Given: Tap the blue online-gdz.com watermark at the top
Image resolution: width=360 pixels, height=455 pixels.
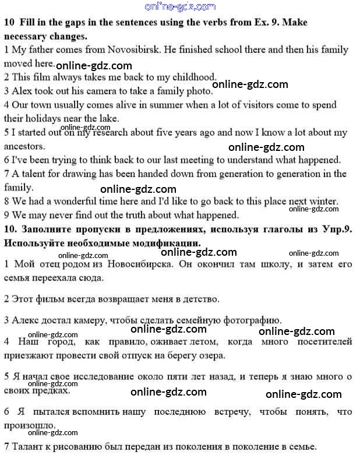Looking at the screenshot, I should tap(179, 6).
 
